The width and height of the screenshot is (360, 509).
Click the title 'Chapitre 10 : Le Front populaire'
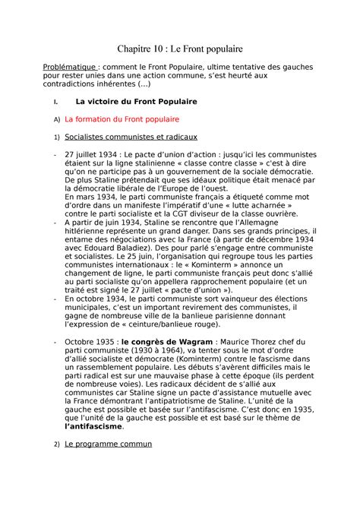tap(179, 48)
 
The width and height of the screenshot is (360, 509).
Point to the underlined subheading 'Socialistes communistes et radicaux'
tap(131, 138)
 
